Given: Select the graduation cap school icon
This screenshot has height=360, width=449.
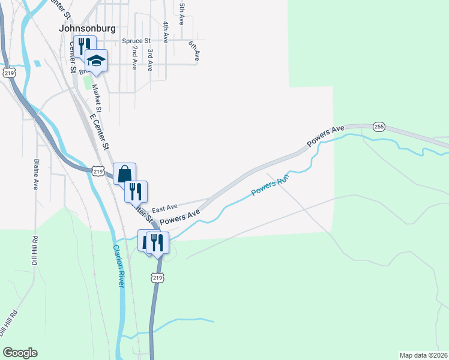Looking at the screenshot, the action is coord(96,60).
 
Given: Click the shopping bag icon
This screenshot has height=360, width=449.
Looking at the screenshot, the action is coord(124,174).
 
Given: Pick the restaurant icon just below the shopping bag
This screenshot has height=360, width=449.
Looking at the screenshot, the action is coord(136,191).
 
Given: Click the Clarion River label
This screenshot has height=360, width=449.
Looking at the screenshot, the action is coord(117,266).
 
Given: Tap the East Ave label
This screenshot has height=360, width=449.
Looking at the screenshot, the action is coord(165,208).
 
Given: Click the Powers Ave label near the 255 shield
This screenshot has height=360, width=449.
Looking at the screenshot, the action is coord(325,136).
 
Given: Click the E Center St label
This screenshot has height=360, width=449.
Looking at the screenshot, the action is coord(101,132).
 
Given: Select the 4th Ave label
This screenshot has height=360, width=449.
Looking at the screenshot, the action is coord(165,30).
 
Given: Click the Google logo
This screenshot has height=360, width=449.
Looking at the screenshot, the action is coord(20,353).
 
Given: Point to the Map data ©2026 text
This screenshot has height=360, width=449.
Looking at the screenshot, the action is coord(423,355).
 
